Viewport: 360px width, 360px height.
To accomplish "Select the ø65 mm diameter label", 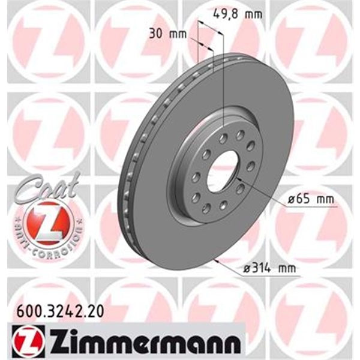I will pos(311,198).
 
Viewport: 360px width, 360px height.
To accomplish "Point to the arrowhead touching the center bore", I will pos(238,179).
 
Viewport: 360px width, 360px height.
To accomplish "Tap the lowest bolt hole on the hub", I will pos(206,208).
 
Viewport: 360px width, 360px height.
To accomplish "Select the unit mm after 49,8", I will pos(247,12).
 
